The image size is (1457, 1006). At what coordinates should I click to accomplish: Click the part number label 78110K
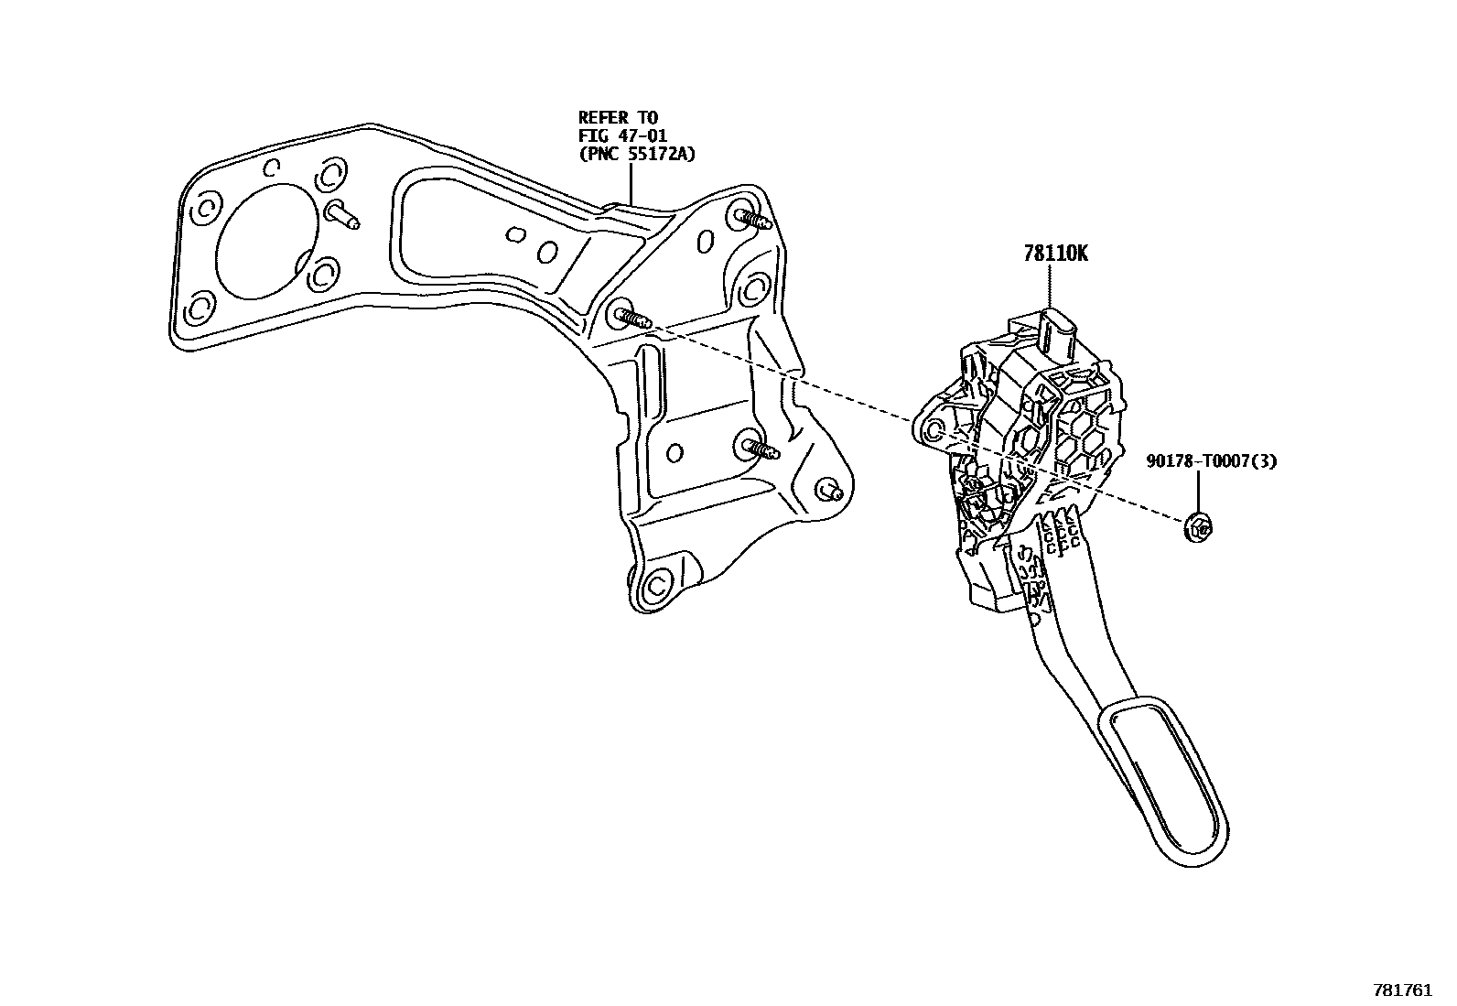pyautogui.click(x=1055, y=254)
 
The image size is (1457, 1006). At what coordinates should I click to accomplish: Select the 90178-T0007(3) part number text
pyautogui.click(x=1211, y=461)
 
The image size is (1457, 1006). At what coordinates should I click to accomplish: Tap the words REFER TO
pyautogui.click(x=618, y=118)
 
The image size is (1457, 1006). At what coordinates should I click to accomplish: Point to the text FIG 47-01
pyautogui.click(x=622, y=136)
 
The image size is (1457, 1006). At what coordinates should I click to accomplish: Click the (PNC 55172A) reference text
pyautogui.click(x=636, y=155)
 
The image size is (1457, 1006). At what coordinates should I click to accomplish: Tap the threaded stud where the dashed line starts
pyautogui.click(x=631, y=317)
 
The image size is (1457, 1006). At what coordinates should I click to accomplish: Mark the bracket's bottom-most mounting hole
pyautogui.click(x=656, y=586)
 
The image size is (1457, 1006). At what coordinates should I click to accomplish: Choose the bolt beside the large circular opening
pyautogui.click(x=342, y=214)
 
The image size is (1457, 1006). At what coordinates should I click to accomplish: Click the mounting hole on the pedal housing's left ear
pyautogui.click(x=934, y=431)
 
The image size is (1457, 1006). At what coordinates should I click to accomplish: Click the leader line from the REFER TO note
pyautogui.click(x=631, y=183)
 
